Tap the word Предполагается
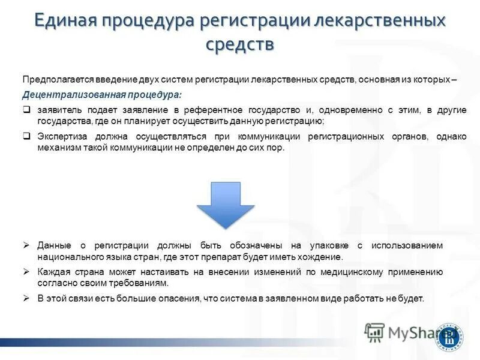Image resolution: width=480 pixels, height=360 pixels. pos(53,79)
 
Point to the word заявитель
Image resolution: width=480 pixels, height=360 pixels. pos(58,110)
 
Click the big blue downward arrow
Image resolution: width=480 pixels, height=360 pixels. pos(226,204)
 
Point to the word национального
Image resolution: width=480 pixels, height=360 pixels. pos(68,257)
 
